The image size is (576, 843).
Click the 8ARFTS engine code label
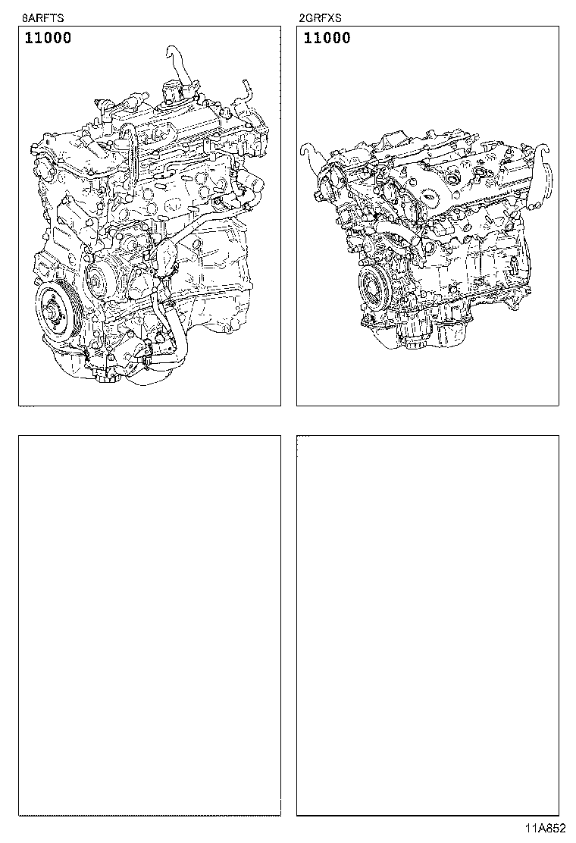[42, 17]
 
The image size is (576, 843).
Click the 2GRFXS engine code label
[321, 17]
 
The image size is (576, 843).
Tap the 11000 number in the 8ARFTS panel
[48, 38]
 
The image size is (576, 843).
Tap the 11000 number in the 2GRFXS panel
[327, 38]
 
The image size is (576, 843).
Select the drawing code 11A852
[546, 829]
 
